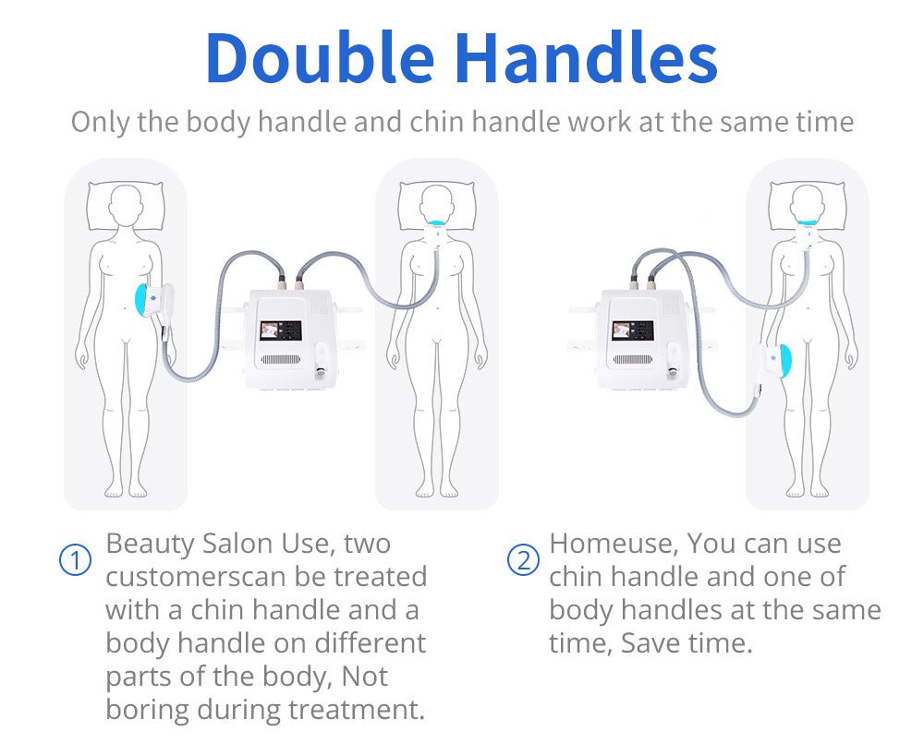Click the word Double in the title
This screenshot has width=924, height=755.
point(320,58)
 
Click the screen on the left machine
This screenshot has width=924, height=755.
point(281,330)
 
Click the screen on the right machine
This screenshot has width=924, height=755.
point(633,330)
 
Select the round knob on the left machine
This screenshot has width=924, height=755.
point(320,371)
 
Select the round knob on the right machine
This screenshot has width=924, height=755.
point(673,371)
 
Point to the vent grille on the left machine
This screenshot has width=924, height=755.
point(282,360)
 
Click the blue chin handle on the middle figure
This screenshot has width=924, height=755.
point(437,224)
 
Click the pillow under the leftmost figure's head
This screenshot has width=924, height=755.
point(126,206)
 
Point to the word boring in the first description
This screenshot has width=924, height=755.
point(147,710)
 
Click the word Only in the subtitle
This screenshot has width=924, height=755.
point(100,123)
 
